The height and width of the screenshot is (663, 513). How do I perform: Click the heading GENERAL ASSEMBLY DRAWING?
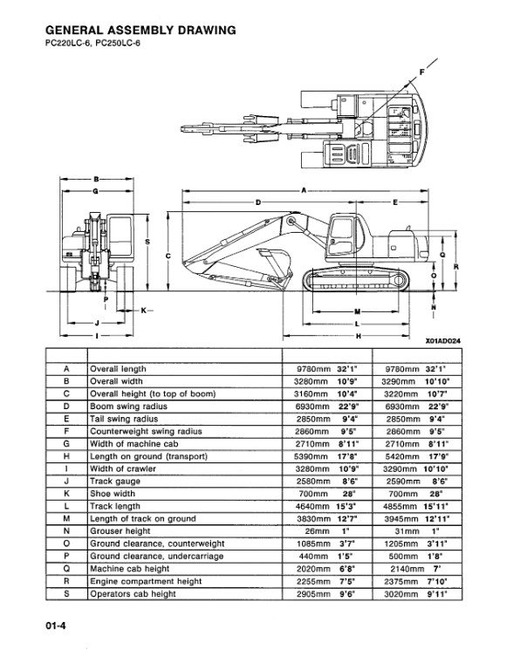[140, 30]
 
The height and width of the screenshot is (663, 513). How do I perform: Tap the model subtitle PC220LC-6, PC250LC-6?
[92, 43]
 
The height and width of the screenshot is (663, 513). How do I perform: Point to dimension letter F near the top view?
[421, 72]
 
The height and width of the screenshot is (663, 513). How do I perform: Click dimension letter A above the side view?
[304, 190]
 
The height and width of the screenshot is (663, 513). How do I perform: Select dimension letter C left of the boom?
[168, 256]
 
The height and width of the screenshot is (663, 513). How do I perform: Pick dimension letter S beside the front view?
[147, 242]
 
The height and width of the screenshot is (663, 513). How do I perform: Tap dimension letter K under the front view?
[143, 311]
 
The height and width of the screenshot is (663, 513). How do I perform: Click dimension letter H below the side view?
[359, 336]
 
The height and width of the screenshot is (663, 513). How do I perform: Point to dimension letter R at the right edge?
[456, 267]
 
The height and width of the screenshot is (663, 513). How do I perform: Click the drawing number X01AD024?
[442, 341]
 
